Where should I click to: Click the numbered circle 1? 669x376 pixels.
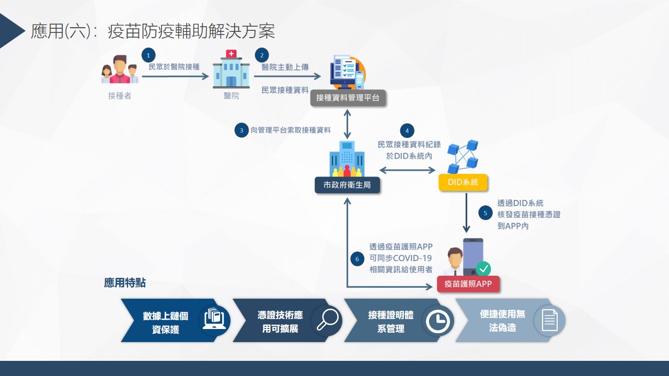click(x=149, y=55)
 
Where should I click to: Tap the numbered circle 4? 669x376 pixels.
click(x=407, y=130)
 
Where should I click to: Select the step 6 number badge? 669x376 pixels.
click(x=357, y=258)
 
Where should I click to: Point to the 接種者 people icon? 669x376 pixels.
click(x=120, y=69)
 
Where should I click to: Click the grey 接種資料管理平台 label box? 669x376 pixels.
click(x=348, y=98)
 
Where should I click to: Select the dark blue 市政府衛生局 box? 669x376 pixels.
click(x=347, y=185)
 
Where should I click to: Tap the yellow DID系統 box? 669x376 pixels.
click(x=463, y=182)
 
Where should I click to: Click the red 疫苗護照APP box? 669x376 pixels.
click(x=468, y=284)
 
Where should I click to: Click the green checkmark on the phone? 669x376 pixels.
click(x=483, y=269)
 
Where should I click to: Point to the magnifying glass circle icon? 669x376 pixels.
click(x=327, y=320)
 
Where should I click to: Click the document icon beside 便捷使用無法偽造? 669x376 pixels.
click(x=549, y=320)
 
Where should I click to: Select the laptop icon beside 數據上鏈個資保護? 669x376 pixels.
click(x=215, y=320)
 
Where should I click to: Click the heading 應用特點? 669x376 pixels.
click(x=125, y=283)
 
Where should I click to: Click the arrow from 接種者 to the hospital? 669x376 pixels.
click(x=175, y=76)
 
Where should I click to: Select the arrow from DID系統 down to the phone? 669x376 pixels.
click(x=467, y=211)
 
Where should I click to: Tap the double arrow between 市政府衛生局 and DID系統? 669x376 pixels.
click(x=407, y=170)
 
